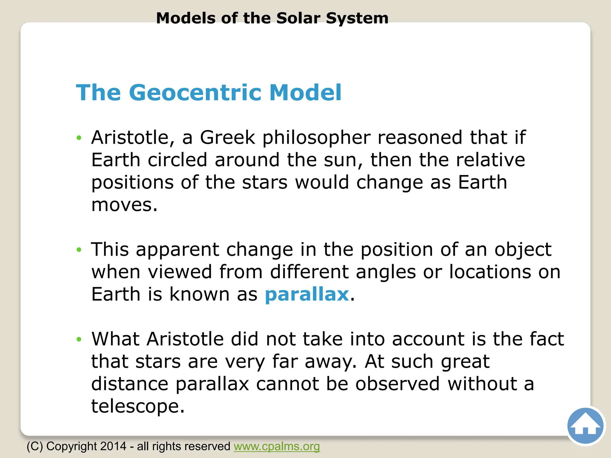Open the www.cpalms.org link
click(x=277, y=446)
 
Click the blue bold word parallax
click(x=307, y=294)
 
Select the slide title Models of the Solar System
click(x=272, y=18)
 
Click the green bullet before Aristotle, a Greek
click(x=79, y=138)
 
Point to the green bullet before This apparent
click(x=79, y=250)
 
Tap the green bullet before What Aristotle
click(x=79, y=339)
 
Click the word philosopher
click(x=316, y=138)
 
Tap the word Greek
click(x=227, y=137)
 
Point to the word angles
click(x=385, y=272)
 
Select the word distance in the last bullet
click(x=129, y=384)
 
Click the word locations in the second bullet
click(x=490, y=272)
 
